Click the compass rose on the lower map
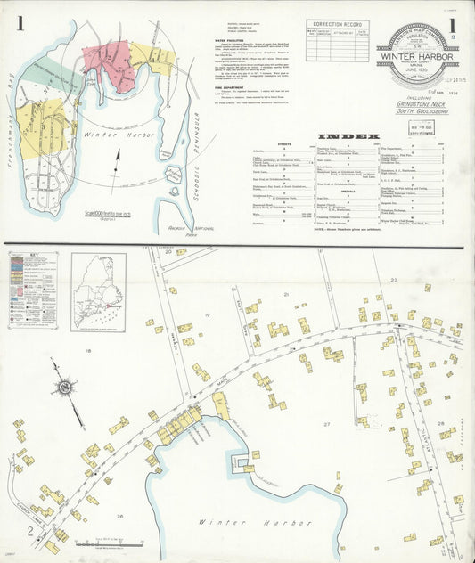[x=65, y=388]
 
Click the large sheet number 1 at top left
[x=19, y=25]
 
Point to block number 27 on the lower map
[x=327, y=423]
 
